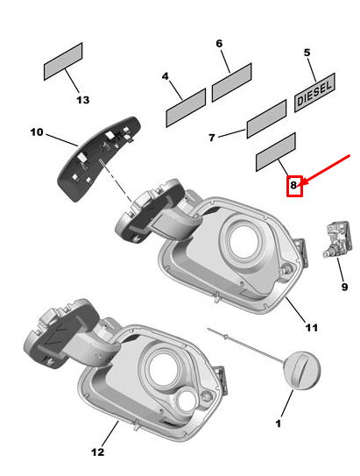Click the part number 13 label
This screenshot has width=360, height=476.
pyautogui.click(x=82, y=100)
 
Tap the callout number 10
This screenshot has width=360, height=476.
pyautogui.click(x=36, y=132)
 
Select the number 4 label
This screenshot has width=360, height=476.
pyautogui.click(x=165, y=76)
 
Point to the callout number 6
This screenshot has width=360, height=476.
pyautogui.click(x=219, y=43)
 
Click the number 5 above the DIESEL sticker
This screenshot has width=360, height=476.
pyautogui.click(x=307, y=53)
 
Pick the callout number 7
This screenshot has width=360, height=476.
pyautogui.click(x=211, y=138)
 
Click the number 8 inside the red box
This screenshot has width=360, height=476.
pyautogui.click(x=295, y=185)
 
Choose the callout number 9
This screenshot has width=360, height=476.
pyautogui.click(x=343, y=286)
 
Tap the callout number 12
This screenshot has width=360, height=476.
pyautogui.click(x=97, y=452)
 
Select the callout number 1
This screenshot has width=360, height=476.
pyautogui.click(x=279, y=424)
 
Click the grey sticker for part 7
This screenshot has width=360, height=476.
pyautogui.click(x=266, y=118)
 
